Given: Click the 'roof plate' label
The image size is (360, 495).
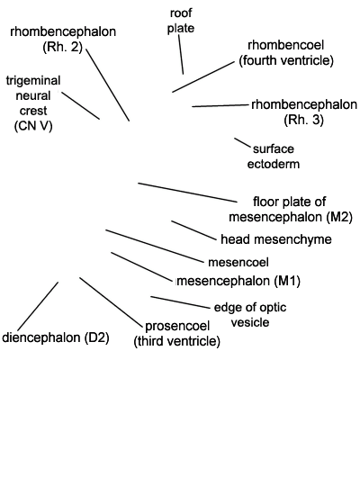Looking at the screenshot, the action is pos(181,21).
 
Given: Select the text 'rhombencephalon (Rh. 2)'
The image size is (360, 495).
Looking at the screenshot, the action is pos(63,39).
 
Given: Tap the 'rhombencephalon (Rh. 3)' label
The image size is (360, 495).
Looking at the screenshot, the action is pos(304,112).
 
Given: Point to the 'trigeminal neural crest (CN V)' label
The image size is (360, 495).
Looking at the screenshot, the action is pos(33,103).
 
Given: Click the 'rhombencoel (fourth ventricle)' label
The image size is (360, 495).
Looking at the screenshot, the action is pos(286,53).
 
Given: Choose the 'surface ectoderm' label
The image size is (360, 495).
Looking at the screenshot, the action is pos(274,157).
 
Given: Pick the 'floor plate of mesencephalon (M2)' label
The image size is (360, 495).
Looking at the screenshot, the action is pos(291,210).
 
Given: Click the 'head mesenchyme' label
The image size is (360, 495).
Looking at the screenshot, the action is pos(276,239).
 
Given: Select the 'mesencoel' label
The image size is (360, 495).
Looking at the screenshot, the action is pos(238,262).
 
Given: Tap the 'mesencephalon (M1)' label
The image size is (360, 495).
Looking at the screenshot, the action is pos(238,281).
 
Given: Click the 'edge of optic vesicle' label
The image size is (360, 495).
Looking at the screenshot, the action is pos(250,315).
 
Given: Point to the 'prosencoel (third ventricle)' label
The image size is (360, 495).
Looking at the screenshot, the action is pos(176,333).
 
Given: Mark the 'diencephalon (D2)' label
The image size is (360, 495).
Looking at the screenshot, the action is pos(56,337).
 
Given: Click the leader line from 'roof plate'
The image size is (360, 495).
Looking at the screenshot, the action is pos(181,55).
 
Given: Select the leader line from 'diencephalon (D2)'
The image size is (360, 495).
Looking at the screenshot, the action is pos(38,306).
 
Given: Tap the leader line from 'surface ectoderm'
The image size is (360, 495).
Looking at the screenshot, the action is pos(242,142).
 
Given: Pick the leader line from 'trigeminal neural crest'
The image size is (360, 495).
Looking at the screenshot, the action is pos(81,106).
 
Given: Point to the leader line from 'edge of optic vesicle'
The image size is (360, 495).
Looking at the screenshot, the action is pos(180,302).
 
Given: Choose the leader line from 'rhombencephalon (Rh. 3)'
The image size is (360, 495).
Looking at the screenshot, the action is pos(220,105).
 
